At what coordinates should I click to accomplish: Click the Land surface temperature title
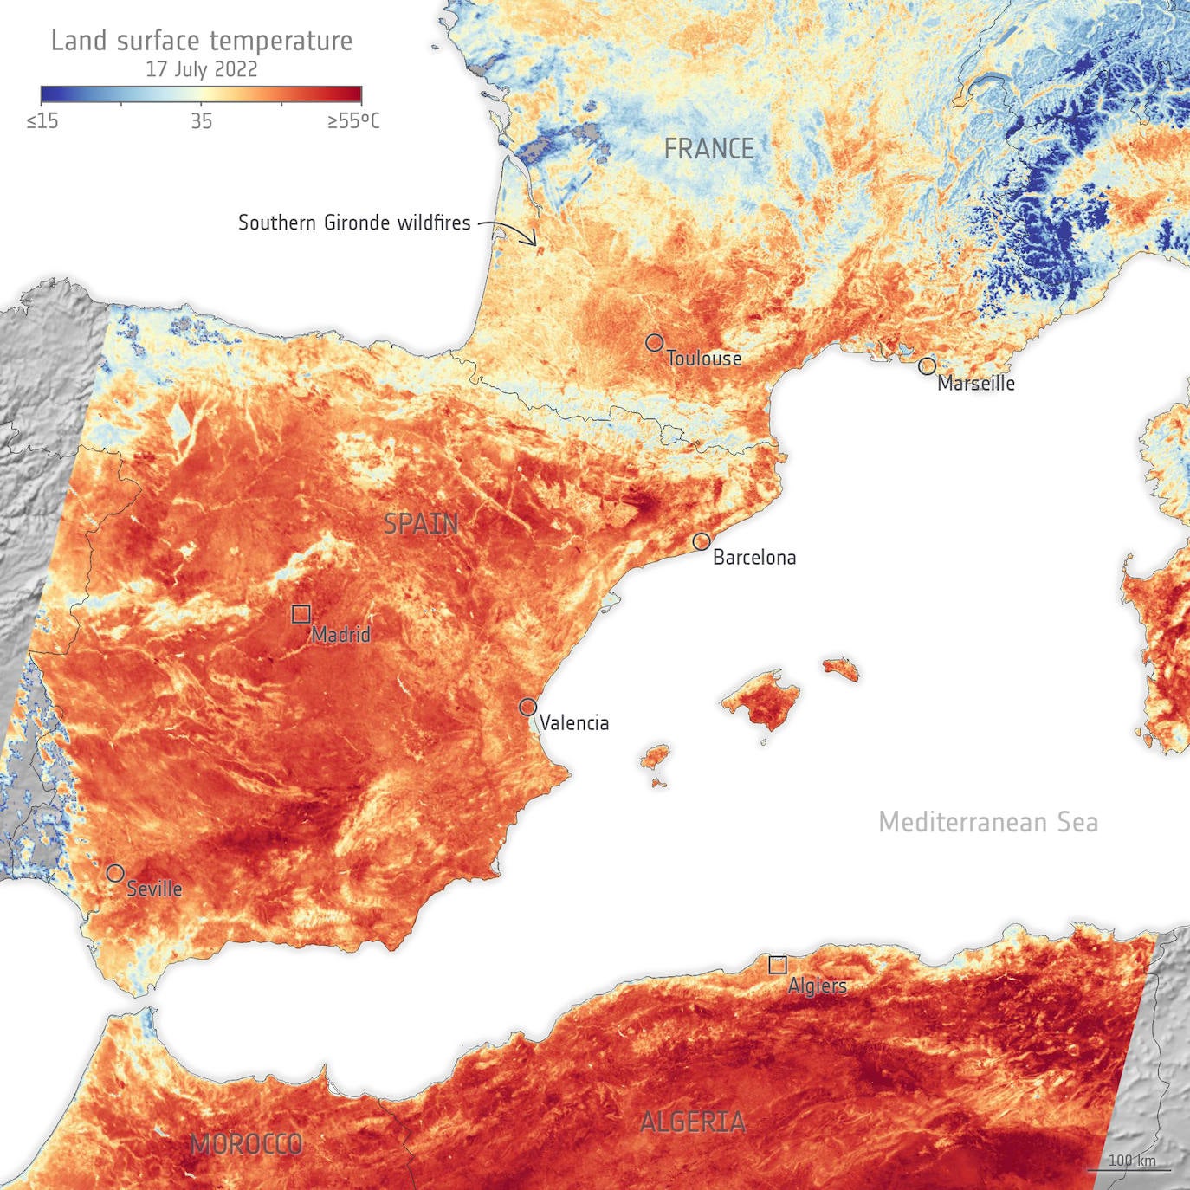(202, 41)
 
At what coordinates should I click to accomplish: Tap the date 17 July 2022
(202, 69)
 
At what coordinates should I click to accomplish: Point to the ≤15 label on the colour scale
(42, 121)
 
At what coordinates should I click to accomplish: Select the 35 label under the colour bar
(201, 121)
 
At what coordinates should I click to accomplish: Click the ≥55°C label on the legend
(352, 121)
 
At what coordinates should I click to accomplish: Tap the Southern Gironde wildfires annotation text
(354, 223)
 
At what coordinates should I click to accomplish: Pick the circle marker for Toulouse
(654, 343)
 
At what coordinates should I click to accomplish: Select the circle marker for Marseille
(927, 365)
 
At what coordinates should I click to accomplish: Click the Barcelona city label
(753, 558)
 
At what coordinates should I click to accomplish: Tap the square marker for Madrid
(301, 614)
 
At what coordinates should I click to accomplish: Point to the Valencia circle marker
(527, 707)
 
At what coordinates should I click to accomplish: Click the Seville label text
(154, 889)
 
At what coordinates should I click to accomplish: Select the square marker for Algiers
(778, 964)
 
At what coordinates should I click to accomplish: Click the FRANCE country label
(708, 149)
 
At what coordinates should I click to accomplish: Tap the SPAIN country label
(421, 523)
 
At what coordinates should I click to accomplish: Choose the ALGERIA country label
(692, 1122)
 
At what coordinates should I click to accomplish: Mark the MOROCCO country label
(246, 1144)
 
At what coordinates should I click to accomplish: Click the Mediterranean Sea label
(988, 822)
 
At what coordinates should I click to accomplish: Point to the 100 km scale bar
(1131, 1164)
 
